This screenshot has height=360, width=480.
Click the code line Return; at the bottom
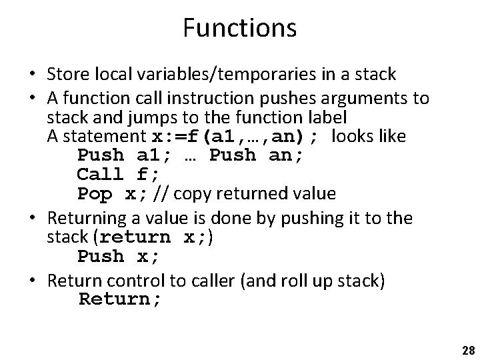click(x=120, y=299)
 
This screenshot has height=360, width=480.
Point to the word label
click(x=329, y=119)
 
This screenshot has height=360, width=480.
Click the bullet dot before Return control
click(x=33, y=281)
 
